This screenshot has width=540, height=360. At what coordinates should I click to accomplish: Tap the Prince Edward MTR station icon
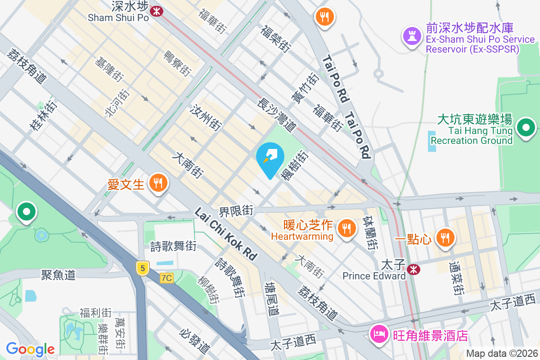[413, 269]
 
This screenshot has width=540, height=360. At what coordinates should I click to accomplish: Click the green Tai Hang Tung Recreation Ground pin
[526, 128]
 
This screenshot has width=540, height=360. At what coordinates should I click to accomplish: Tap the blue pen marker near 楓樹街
[270, 157]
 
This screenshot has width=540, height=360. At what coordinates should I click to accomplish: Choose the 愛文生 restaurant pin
[158, 183]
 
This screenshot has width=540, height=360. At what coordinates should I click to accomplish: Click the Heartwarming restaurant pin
[346, 228]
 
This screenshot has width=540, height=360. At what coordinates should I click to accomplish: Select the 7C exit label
[166, 278]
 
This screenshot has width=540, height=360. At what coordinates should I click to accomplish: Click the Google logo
[30, 349]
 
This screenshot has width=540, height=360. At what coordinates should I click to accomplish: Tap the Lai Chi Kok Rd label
[226, 234]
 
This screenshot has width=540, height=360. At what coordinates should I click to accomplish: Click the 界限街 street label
[236, 210]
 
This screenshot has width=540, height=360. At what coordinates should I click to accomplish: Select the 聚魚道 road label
[58, 274]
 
